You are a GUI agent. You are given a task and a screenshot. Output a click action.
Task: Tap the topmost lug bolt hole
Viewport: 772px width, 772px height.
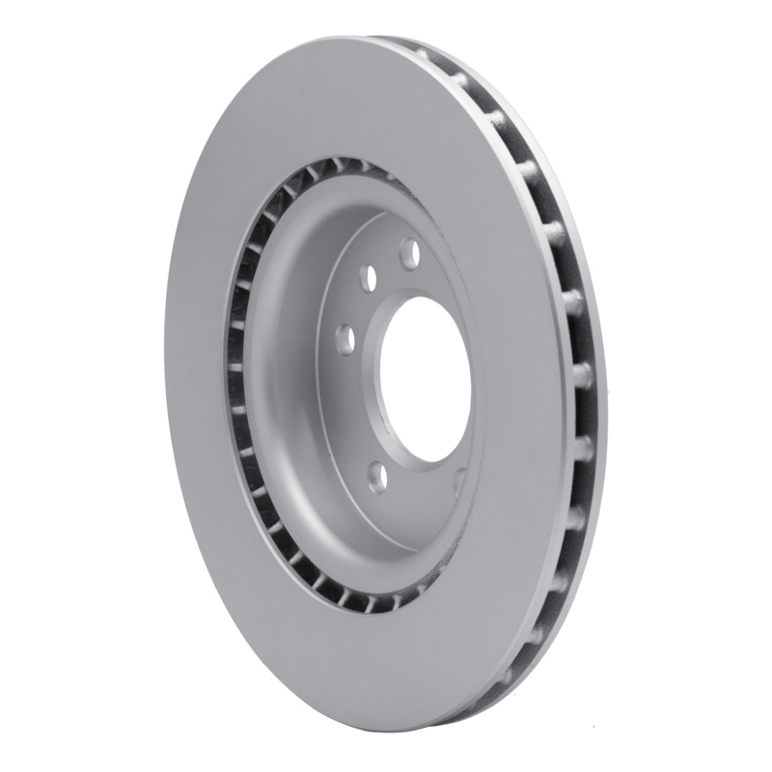pyautogui.click(x=409, y=254)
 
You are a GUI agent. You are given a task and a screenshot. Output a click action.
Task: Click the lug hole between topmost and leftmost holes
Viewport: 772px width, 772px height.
pyautogui.click(x=368, y=279)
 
